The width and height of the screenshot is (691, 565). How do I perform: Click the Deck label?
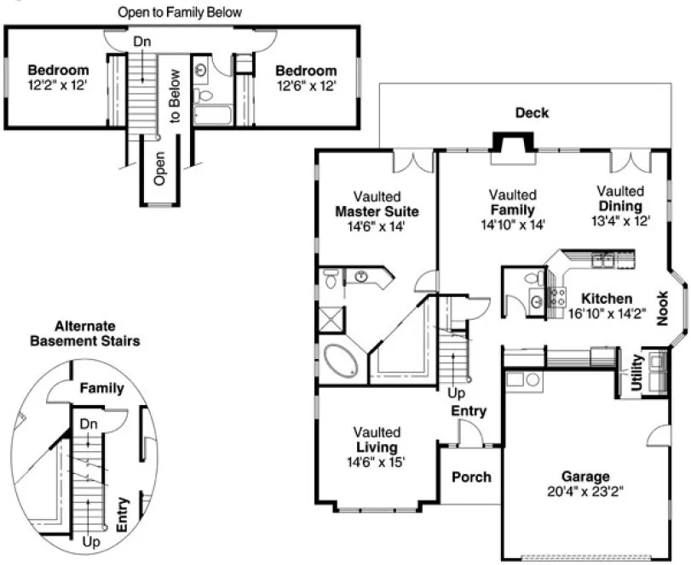pyautogui.click(x=532, y=113)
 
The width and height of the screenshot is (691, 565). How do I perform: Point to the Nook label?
pyautogui.click(x=662, y=308)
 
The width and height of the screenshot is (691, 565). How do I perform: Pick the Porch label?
pyautogui.click(x=471, y=477)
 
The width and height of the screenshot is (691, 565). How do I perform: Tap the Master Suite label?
pyautogui.click(x=377, y=212)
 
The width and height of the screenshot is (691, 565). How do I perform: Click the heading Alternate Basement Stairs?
pyautogui.click(x=85, y=334)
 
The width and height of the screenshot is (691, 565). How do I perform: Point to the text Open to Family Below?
pyautogui.click(x=180, y=13)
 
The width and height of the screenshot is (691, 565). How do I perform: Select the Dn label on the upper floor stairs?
pyautogui.click(x=142, y=41)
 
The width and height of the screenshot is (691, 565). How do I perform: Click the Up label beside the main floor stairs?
pyautogui.click(x=456, y=394)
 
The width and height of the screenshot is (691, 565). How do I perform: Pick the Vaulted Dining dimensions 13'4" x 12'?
pyautogui.click(x=619, y=220)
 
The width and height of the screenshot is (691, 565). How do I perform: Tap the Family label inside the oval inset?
pyautogui.click(x=101, y=388)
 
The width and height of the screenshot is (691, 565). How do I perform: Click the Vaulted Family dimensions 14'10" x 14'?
pyautogui.click(x=512, y=224)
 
